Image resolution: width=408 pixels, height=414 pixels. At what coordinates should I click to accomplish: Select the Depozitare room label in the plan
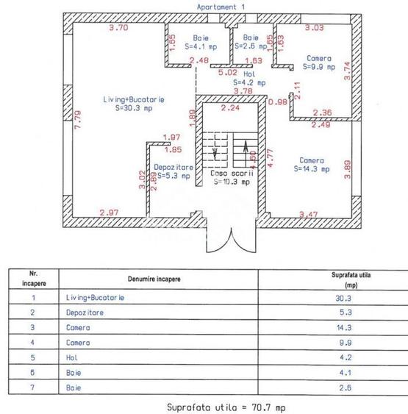coord(171,167)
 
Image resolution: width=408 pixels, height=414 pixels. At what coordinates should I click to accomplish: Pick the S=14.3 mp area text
coord(311,168)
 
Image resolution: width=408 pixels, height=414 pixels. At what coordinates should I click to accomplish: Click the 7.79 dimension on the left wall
coord(78,119)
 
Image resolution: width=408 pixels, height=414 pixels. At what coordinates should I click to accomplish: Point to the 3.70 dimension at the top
coord(118,28)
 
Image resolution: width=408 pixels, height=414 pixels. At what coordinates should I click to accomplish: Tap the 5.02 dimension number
coord(227,72)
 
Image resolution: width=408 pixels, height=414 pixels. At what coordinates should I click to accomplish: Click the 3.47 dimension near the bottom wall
coord(309,214)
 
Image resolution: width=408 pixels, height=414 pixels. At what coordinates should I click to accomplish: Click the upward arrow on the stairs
coord(243,157)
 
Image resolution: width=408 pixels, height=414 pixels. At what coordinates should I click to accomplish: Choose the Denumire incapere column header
coord(154,279)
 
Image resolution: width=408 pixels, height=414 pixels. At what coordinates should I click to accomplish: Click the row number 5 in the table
coord(33,357)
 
